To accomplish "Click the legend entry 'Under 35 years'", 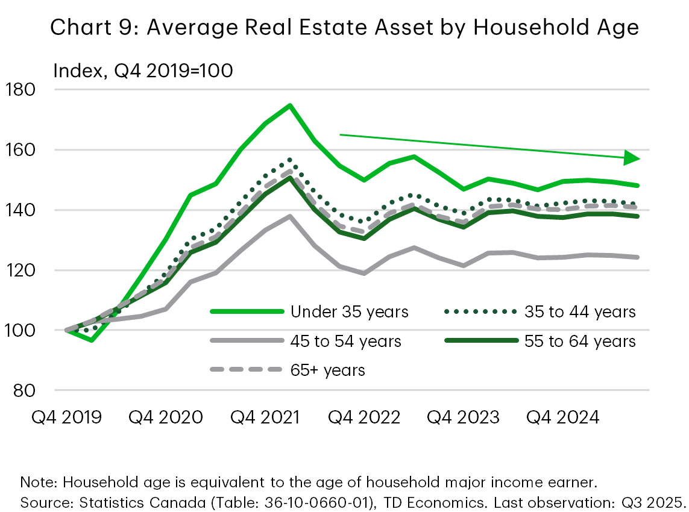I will point(349,311).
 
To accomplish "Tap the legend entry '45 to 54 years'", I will point(345,341).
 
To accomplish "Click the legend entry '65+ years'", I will point(327,369).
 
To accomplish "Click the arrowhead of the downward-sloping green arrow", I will point(631,158).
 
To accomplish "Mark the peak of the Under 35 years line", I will point(290,105).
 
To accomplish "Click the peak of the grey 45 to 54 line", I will point(290,216).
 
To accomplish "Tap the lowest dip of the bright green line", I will point(91,341).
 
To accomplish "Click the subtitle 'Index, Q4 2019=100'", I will point(143,70).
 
